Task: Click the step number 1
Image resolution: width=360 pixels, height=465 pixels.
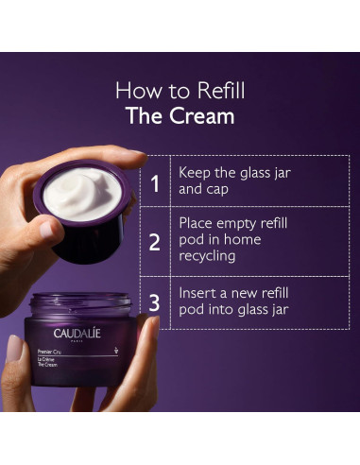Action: pos(155,181)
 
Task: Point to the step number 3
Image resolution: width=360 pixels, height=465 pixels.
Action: pos(155,302)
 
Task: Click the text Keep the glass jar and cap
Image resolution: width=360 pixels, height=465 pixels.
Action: pos(221,181)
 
